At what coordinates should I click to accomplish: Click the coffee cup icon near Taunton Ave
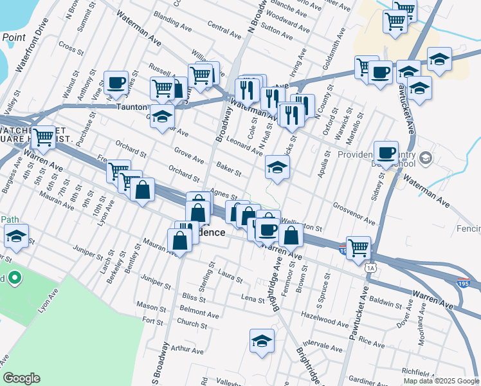click(x=116, y=82)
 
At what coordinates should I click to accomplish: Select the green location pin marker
click(x=14, y=279)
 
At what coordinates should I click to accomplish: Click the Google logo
click(x=21, y=378)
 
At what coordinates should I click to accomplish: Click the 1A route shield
click(x=370, y=268)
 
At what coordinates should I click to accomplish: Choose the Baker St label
click(x=228, y=169)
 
